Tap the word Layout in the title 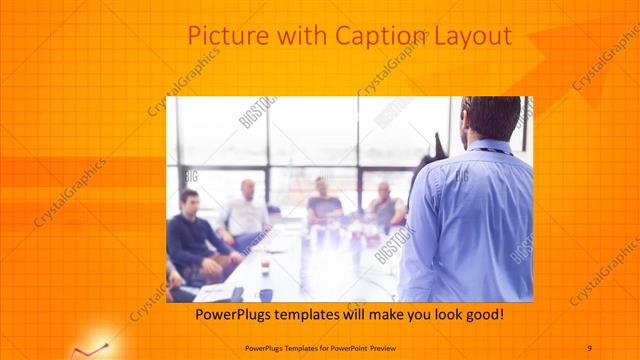tap(473, 37)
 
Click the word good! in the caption tap(482, 315)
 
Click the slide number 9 tap(589, 347)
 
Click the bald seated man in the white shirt tap(246, 211)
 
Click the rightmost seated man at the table tap(386, 205)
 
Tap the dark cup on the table tap(266, 294)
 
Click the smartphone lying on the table tap(237, 294)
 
